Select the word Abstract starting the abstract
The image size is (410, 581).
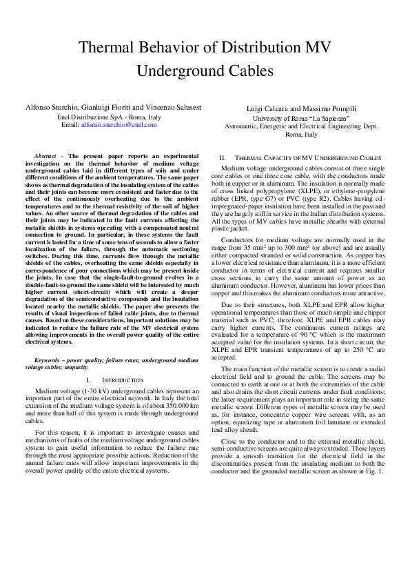(x=46, y=156)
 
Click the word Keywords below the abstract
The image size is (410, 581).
(x=49, y=360)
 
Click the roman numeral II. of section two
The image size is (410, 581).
(x=222, y=158)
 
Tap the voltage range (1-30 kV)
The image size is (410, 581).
(x=92, y=391)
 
